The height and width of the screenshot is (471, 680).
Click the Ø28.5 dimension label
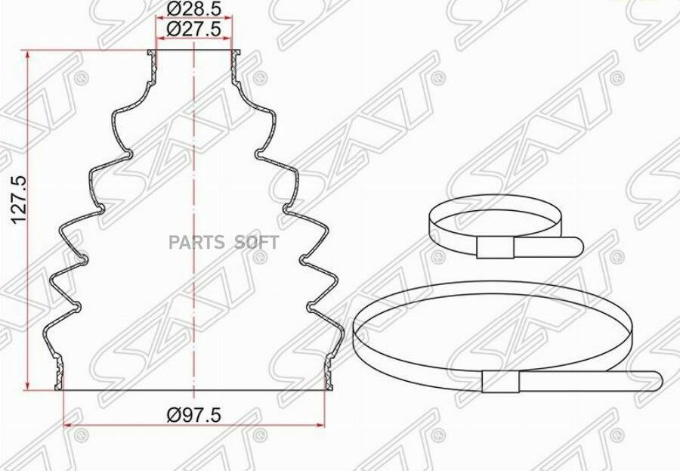(194, 8)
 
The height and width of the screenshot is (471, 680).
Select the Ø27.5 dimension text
(194, 29)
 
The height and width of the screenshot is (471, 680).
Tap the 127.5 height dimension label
(20, 200)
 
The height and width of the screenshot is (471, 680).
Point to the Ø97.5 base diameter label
(194, 416)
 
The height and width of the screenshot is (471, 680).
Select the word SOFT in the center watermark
(257, 242)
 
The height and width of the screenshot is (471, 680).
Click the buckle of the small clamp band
(495, 248)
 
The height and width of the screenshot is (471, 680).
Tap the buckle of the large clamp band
(500, 382)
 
